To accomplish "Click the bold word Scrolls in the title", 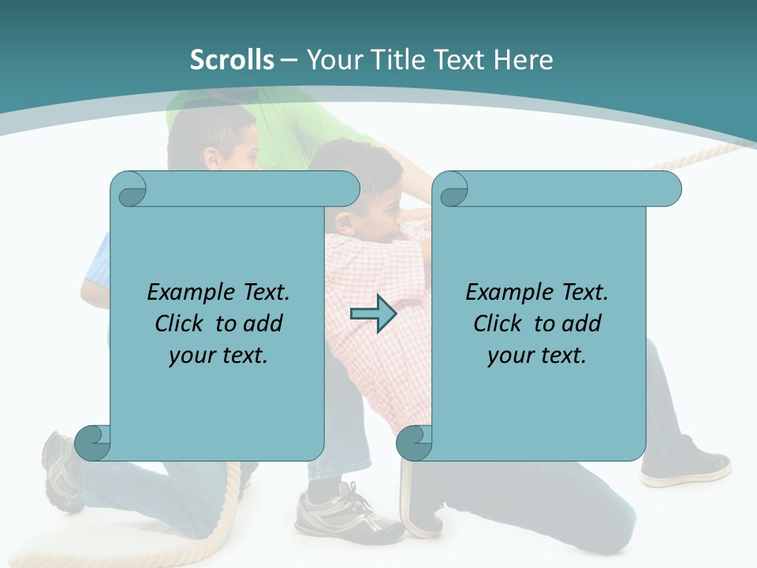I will click(233, 60).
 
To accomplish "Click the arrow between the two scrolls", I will click(373, 314).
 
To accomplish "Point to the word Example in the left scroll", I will click(187, 293).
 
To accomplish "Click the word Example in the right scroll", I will click(505, 293).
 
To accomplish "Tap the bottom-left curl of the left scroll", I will click(92, 443).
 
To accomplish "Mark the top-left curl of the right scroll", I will click(452, 189).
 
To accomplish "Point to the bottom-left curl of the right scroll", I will click(414, 443).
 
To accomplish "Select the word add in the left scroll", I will click(263, 323).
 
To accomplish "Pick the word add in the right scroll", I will click(582, 323).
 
